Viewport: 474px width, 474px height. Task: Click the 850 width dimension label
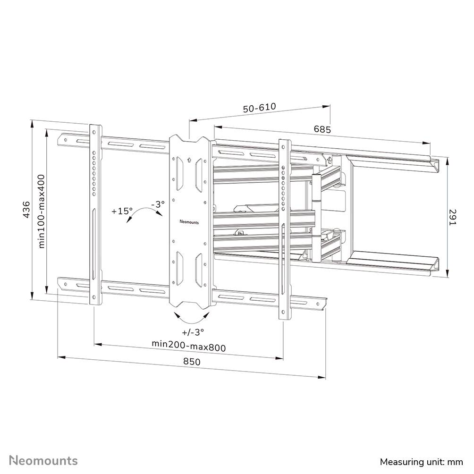[x=192, y=362]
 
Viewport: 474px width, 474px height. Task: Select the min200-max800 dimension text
[x=189, y=346]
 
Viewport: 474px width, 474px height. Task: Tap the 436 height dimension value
[x=27, y=209]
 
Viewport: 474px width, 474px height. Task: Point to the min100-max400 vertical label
[x=42, y=211]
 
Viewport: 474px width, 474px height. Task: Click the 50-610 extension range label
[x=259, y=108]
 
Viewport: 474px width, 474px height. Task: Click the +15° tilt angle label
[x=122, y=211]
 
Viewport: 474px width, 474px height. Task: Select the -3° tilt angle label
[x=158, y=204]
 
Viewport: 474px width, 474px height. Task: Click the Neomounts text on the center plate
[x=189, y=220]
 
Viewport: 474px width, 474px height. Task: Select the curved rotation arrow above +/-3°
[x=191, y=315]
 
